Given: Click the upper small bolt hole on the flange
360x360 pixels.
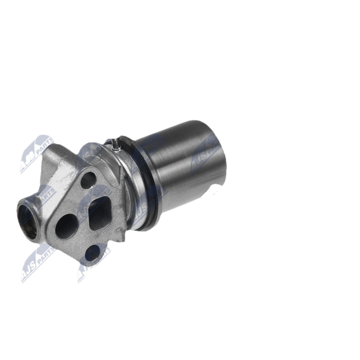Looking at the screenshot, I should [x=89, y=180].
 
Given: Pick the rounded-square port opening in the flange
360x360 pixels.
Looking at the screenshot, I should [x=100, y=210].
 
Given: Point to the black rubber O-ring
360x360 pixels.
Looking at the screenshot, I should [x=143, y=189].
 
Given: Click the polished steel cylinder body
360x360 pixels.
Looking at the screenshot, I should [x=180, y=166].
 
